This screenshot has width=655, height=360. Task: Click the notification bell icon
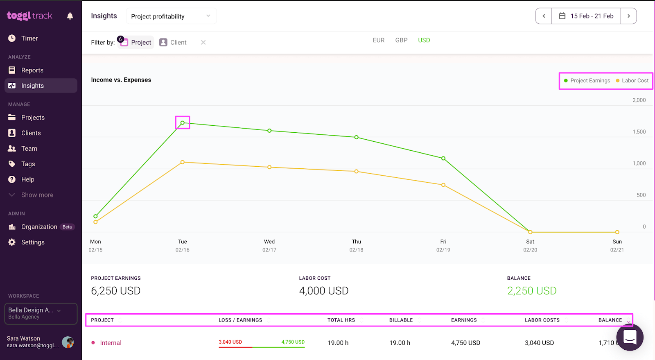click(70, 16)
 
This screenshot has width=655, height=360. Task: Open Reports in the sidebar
click(32, 70)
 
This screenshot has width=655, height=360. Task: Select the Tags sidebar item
click(28, 164)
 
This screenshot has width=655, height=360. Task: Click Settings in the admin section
click(32, 242)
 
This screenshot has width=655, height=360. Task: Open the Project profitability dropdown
click(171, 16)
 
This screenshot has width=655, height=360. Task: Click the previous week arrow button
click(544, 16)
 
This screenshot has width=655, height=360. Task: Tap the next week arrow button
click(628, 16)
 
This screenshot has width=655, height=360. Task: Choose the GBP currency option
click(401, 40)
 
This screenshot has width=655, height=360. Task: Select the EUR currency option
click(378, 40)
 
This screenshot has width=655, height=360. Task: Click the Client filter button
click(173, 42)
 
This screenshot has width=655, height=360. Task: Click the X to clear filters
click(203, 42)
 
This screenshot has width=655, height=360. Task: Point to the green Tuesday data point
click(183, 123)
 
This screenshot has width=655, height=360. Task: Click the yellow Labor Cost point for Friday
click(443, 185)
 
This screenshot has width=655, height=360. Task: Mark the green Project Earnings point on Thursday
click(357, 137)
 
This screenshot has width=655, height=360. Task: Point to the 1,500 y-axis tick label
click(639, 132)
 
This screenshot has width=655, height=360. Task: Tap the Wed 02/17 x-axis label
click(269, 245)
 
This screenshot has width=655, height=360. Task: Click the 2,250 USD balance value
click(531, 291)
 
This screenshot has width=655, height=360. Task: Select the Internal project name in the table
click(111, 343)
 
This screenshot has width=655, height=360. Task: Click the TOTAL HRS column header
click(341, 320)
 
